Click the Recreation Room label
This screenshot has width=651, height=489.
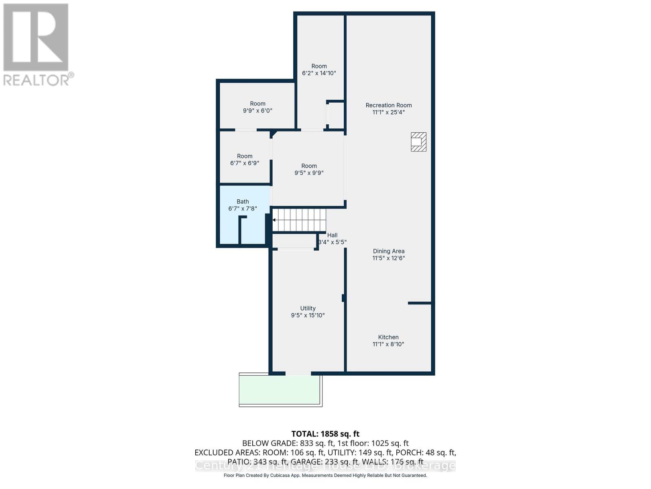click(x=389, y=105)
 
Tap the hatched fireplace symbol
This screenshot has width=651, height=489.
click(x=418, y=142)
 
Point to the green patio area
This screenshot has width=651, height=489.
click(x=280, y=390)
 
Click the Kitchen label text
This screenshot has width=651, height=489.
click(x=388, y=337)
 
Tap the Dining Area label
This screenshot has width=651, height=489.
click(x=389, y=251)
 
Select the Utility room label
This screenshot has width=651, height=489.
click(x=308, y=308)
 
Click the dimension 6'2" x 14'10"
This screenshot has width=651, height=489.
click(x=319, y=73)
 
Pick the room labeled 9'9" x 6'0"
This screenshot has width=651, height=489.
click(x=258, y=107)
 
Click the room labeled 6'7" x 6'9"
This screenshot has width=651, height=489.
click(x=245, y=159)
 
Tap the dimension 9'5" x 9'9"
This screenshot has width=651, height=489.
click(x=309, y=173)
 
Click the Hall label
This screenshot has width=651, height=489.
click(x=332, y=235)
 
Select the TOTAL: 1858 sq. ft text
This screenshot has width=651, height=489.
click(x=325, y=434)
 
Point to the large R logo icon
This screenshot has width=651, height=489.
click(x=36, y=37)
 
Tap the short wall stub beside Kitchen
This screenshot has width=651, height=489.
click(x=419, y=303)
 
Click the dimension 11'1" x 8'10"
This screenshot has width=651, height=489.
click(x=388, y=344)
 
